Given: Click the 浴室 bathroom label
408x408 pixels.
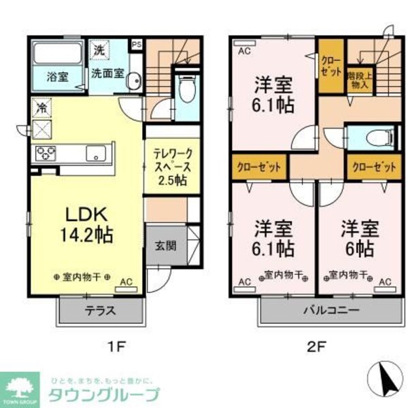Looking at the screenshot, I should (57, 77).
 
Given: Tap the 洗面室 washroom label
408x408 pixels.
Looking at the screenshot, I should (107, 74).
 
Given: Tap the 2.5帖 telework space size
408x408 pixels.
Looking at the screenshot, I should (172, 180).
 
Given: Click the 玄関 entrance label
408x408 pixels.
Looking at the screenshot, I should (165, 245).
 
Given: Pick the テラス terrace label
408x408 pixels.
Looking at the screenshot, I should (99, 312).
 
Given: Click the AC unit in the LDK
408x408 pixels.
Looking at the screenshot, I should (125, 281).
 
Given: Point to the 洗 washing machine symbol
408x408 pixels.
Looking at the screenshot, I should (99, 50).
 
